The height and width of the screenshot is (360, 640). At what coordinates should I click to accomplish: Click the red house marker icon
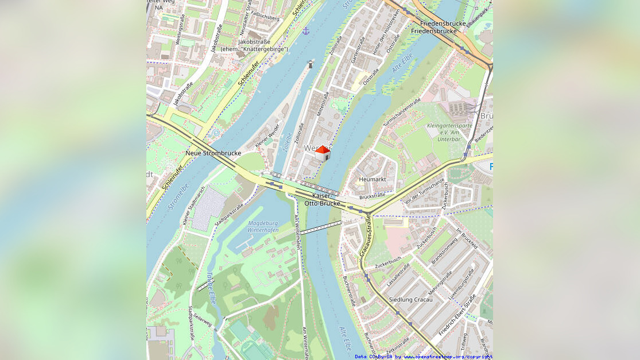[x=323, y=153]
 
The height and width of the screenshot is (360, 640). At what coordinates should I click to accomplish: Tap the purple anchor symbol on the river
[x=306, y=30]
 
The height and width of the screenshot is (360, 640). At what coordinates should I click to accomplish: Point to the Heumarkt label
[x=372, y=179]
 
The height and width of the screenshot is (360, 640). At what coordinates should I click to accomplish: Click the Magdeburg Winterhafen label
[x=263, y=227]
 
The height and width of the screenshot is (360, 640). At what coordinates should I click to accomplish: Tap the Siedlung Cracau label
[x=410, y=300]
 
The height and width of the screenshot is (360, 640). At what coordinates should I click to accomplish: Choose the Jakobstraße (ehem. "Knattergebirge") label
[x=254, y=45]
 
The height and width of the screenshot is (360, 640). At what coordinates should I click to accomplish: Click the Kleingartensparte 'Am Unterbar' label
[x=449, y=132]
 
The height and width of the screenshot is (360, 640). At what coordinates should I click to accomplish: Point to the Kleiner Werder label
[x=267, y=136]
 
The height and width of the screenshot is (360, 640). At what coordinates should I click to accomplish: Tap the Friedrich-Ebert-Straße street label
[x=457, y=316]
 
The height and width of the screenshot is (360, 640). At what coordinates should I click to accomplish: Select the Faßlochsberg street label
[x=265, y=18]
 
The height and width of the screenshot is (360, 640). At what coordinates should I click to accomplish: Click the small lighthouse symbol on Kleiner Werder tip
[x=311, y=64]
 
